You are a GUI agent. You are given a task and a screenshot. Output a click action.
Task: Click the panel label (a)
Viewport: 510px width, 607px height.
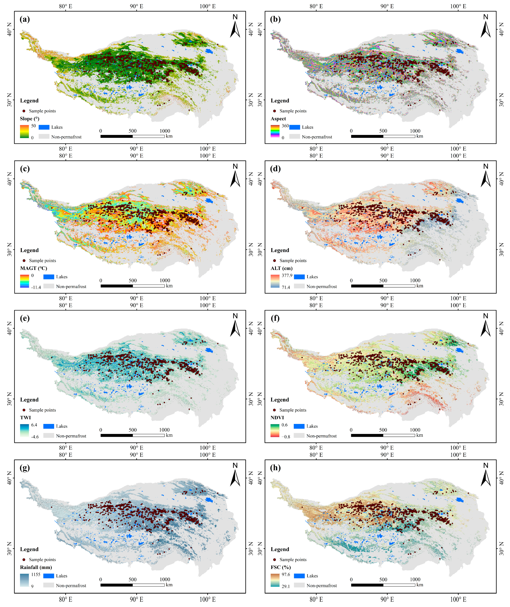tap(25, 19)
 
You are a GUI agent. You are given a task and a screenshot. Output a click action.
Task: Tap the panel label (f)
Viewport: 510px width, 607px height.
tap(275, 318)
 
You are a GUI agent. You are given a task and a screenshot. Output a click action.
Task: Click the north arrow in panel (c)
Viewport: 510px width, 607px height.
tap(235, 176)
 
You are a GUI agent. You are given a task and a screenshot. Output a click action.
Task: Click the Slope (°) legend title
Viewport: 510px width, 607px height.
tap(29, 119)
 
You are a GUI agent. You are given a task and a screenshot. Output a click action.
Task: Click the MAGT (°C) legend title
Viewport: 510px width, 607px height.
tap(34, 268)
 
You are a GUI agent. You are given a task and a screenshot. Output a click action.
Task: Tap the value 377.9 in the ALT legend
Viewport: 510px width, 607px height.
tap(287, 275)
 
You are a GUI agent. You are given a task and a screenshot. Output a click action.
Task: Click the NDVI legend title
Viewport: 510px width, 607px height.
tap(277, 418)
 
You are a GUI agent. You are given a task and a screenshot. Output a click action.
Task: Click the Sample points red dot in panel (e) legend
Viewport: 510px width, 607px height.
tap(24, 410)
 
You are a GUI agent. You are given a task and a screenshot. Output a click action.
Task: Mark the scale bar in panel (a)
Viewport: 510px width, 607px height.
tap(132, 136)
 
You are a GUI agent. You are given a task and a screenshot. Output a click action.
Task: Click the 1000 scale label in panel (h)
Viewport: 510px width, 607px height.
tap(415, 579)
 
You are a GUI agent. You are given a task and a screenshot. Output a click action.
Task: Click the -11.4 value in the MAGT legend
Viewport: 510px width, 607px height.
tap(36, 287)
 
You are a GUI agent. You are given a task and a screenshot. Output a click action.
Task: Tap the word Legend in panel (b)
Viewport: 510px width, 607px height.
tap(280, 101)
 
